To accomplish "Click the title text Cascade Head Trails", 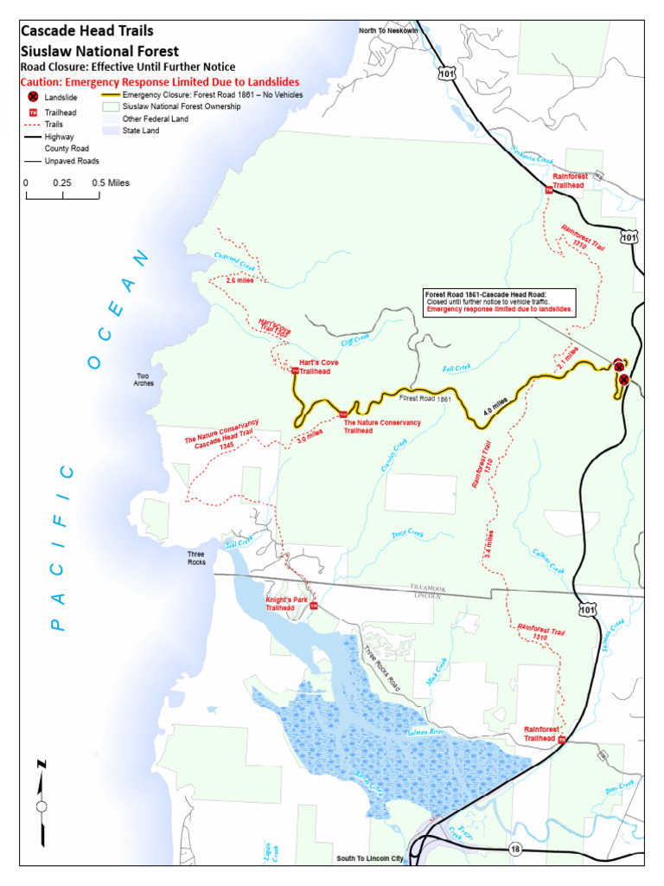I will pyautogui.click(x=87, y=31).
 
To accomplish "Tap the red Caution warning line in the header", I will pyautogui.click(x=160, y=82).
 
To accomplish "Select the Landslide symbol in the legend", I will pyautogui.click(x=33, y=98).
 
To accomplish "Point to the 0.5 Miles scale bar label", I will pyautogui.click(x=110, y=183).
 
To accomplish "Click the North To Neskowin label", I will pyautogui.click(x=388, y=31).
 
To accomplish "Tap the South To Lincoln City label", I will pyautogui.click(x=370, y=859).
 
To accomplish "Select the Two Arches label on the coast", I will pyautogui.click(x=144, y=380).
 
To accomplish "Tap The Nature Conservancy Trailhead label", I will pyautogui.click(x=382, y=427).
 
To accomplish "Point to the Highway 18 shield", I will pyautogui.click(x=515, y=849).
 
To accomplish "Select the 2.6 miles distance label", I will pyautogui.click(x=239, y=281).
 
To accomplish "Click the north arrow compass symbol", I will pyautogui.click(x=41, y=804).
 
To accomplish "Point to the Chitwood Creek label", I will pyautogui.click(x=234, y=259).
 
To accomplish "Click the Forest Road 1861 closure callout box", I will pyautogui.click(x=499, y=302).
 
